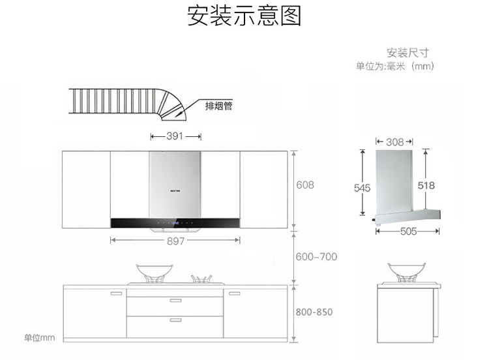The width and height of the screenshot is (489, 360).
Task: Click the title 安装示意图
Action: [244, 16]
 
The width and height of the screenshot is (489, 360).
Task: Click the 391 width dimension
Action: [174, 136]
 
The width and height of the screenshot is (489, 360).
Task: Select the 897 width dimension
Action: [175, 241]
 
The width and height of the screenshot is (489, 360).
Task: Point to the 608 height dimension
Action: [305, 185]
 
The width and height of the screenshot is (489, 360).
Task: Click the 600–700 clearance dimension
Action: [316, 257]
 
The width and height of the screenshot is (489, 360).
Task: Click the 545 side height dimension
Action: [362, 188]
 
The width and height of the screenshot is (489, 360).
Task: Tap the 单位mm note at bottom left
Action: [40, 338]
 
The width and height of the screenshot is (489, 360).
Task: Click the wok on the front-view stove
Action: [155, 271]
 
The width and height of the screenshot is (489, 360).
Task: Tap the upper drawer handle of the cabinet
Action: [175, 301]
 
